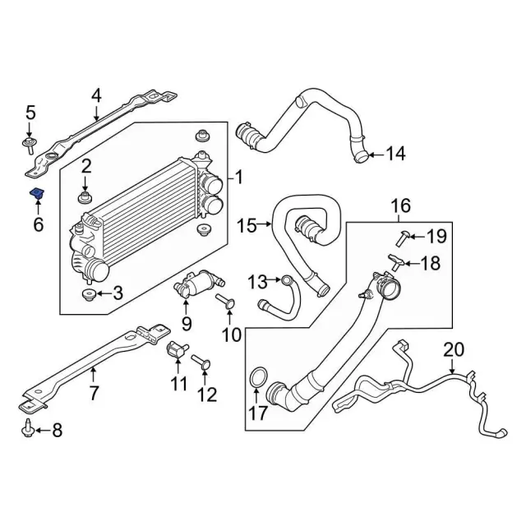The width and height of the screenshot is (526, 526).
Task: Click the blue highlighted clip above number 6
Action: (37, 193)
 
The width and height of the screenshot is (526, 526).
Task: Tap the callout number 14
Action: (395, 153)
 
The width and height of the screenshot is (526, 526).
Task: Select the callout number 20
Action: (454, 349)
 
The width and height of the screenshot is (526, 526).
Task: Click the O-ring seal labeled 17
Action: (257, 379)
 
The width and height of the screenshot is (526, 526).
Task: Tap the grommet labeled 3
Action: (87, 293)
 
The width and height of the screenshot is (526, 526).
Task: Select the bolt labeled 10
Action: (224, 303)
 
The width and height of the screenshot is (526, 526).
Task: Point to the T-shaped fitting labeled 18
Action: (395, 263)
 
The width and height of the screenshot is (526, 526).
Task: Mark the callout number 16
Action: (399, 205)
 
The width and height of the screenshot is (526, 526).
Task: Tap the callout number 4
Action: (96, 96)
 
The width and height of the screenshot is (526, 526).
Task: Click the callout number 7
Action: (94, 393)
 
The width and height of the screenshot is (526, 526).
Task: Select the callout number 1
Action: (239, 178)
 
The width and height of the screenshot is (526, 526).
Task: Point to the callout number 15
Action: (246, 224)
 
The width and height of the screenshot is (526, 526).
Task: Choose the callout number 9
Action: (187, 323)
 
